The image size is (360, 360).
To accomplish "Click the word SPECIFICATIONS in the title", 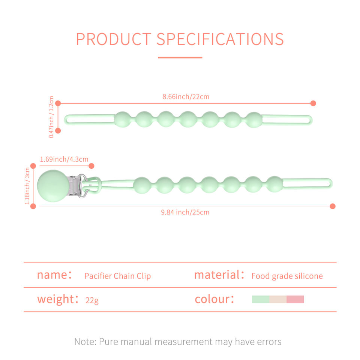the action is pyautogui.click(x=220, y=39).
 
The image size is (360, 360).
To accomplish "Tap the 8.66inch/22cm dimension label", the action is pyautogui.click(x=186, y=97).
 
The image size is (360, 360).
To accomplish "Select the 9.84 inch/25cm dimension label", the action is pyautogui.click(x=185, y=212).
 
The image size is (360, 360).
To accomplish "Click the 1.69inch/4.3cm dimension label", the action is pyautogui.click(x=64, y=159).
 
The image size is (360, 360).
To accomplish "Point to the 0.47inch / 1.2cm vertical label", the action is pyautogui.click(x=51, y=117).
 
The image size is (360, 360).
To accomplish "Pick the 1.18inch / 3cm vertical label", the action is pyautogui.click(x=27, y=186).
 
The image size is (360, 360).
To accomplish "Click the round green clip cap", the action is pyautogui.click(x=53, y=186).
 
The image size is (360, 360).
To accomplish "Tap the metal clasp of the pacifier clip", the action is pyautogui.click(x=79, y=186).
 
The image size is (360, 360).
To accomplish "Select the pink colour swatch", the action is pyautogui.click(x=295, y=299).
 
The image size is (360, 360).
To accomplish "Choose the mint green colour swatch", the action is pyautogui.click(x=261, y=299).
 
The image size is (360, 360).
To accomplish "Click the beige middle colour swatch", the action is pyautogui.click(x=278, y=299).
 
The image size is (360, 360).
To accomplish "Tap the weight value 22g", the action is pyautogui.click(x=92, y=300).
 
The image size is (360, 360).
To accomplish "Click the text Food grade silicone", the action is pyautogui.click(x=287, y=276).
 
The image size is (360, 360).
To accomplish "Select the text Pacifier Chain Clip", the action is pyautogui.click(x=117, y=276).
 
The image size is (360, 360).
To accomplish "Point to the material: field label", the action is pyautogui.click(x=219, y=275).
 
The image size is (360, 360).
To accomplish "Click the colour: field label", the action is pyautogui.click(x=214, y=299).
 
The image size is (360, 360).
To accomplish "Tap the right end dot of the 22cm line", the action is pyautogui.click(x=313, y=103).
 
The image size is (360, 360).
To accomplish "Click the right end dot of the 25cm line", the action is pyautogui.click(x=333, y=206).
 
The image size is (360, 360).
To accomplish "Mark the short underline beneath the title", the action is pyautogui.click(x=180, y=57).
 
